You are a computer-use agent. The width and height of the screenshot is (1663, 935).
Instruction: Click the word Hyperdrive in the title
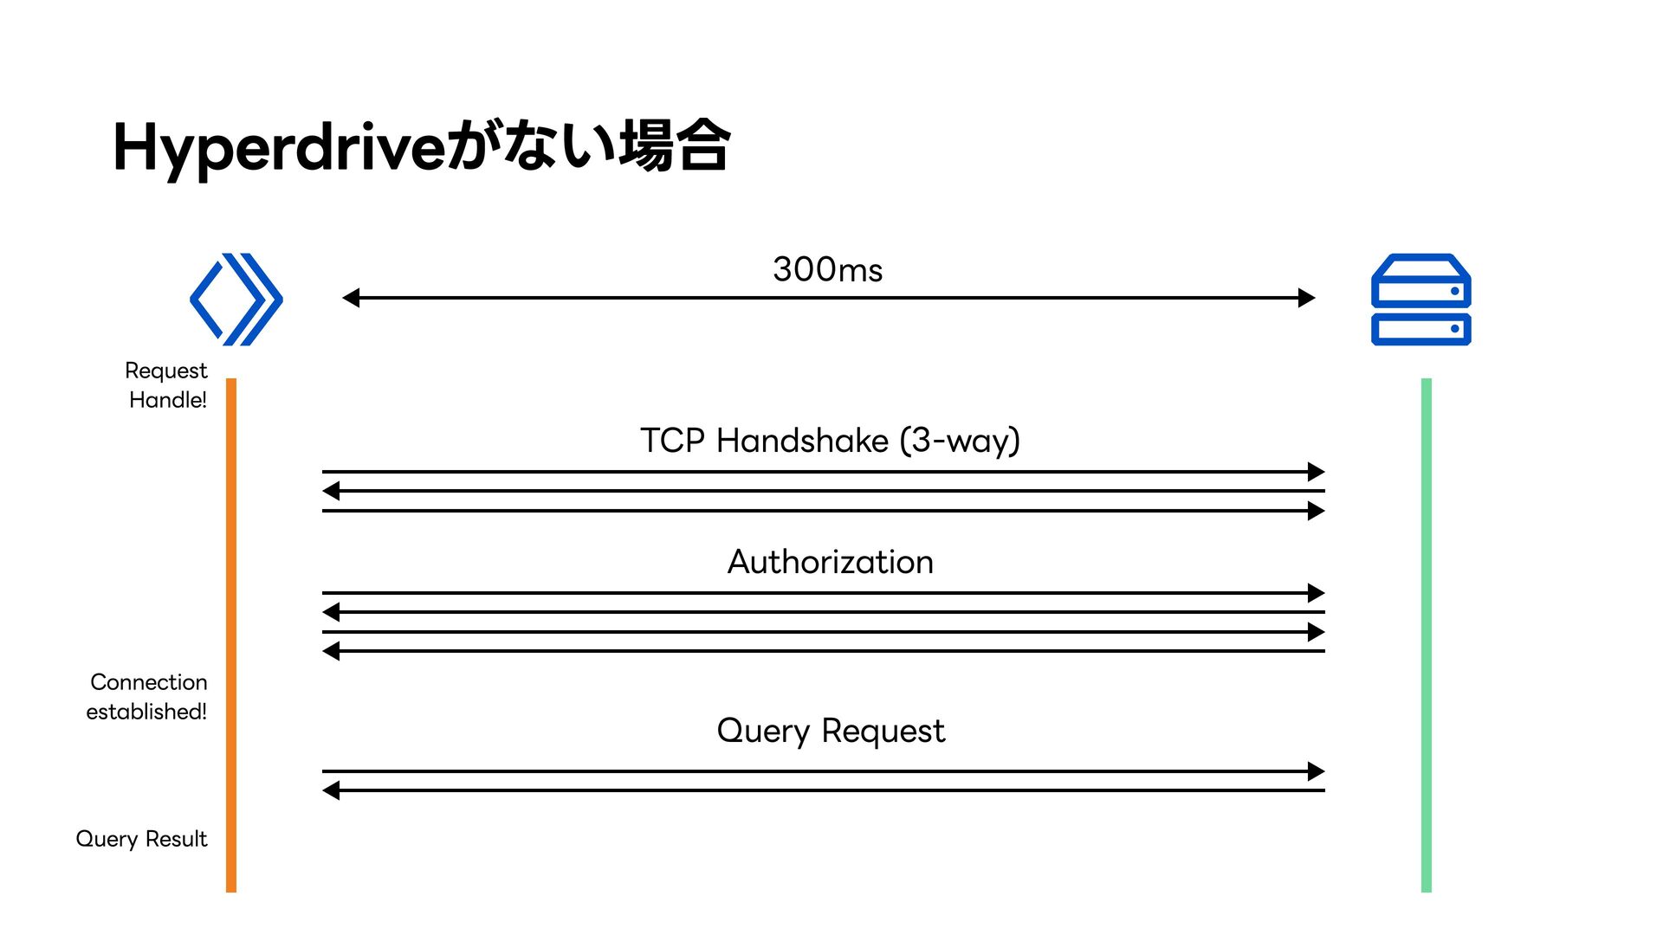click(x=280, y=147)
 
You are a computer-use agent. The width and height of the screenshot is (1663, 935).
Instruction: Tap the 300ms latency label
click(x=827, y=270)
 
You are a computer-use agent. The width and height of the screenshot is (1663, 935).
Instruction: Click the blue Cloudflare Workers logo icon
click(x=236, y=300)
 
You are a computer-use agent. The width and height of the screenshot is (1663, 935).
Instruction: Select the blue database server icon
click(x=1421, y=300)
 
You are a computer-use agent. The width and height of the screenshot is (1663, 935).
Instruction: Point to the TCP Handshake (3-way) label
click(x=830, y=441)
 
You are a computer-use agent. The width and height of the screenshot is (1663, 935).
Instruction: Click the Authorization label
click(x=830, y=562)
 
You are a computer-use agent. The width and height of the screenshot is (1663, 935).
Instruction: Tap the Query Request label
click(x=831, y=732)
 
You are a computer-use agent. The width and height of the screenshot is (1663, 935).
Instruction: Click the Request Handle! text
click(x=167, y=385)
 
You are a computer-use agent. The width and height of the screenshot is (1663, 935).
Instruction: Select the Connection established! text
click(x=147, y=697)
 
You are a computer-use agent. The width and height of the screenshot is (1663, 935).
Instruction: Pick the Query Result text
click(x=142, y=839)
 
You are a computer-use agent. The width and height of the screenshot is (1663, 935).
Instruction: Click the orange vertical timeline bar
click(x=231, y=635)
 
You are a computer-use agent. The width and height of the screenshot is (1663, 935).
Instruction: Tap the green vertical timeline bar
click(x=1427, y=635)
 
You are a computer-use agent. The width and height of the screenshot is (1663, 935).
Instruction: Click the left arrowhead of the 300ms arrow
click(x=350, y=298)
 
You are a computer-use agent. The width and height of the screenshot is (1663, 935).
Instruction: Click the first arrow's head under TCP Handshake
click(x=1317, y=472)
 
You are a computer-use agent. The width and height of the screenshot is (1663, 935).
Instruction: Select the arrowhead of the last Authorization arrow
click(x=331, y=651)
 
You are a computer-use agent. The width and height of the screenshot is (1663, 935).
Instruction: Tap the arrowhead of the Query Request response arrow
click(x=331, y=790)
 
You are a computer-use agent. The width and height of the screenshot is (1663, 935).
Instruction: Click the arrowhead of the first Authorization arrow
click(x=1317, y=593)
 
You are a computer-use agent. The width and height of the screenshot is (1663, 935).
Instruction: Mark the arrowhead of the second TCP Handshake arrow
click(x=331, y=491)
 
